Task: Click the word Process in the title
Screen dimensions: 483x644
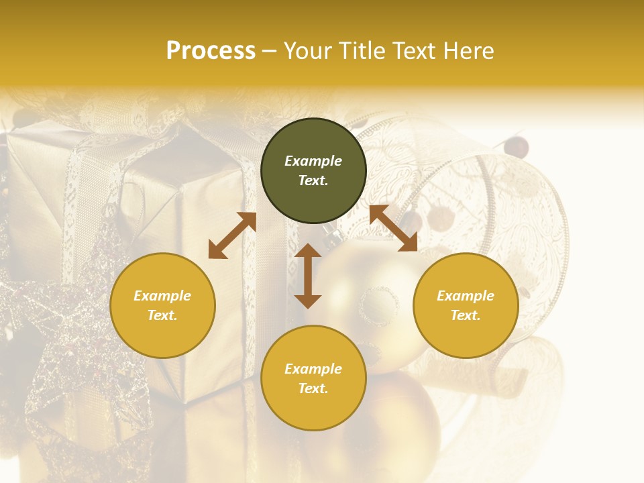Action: click(211, 51)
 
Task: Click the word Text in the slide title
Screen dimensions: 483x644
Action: click(415, 51)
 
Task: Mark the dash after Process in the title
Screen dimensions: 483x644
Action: click(269, 52)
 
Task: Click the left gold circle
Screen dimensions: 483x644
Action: click(162, 305)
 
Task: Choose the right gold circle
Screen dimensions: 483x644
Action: click(466, 305)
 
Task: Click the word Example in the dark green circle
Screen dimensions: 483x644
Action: click(313, 161)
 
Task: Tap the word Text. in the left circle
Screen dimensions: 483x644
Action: click(162, 315)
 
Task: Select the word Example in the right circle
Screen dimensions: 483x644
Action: click(466, 296)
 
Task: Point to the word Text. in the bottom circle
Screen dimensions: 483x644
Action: click(313, 388)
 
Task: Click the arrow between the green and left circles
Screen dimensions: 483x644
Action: click(232, 235)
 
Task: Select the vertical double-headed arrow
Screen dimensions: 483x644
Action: click(308, 276)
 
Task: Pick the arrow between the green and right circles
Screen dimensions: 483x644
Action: click(394, 228)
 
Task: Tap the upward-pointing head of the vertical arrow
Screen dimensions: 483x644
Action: click(308, 251)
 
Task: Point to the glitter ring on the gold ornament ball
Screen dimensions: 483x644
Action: click(380, 306)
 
